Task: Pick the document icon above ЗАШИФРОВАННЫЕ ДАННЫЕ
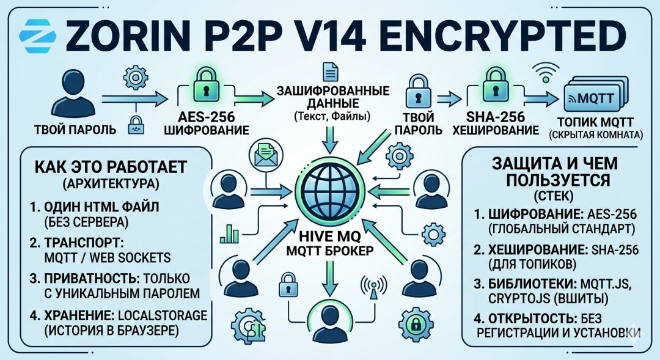click(330, 73)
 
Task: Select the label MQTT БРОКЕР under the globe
click(330, 252)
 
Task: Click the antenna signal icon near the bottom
click(375, 286)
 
